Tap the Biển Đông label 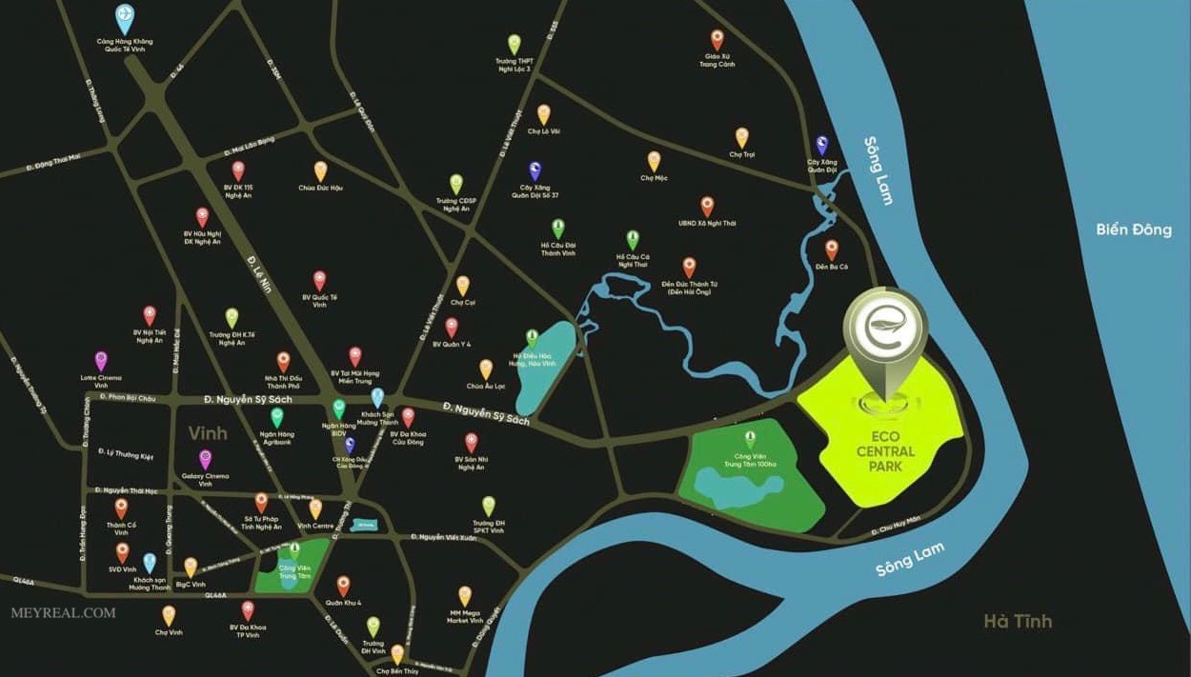1133,229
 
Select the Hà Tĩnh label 1018,622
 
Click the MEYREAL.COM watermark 63,613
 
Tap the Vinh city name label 208,433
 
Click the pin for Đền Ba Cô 831,249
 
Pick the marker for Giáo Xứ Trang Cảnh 717,39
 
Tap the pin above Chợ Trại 741,137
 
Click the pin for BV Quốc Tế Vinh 319,280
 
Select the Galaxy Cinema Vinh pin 205,460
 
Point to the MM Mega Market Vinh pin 464,596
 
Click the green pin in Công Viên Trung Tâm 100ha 750,439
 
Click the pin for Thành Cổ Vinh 121,508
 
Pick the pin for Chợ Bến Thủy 397,654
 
